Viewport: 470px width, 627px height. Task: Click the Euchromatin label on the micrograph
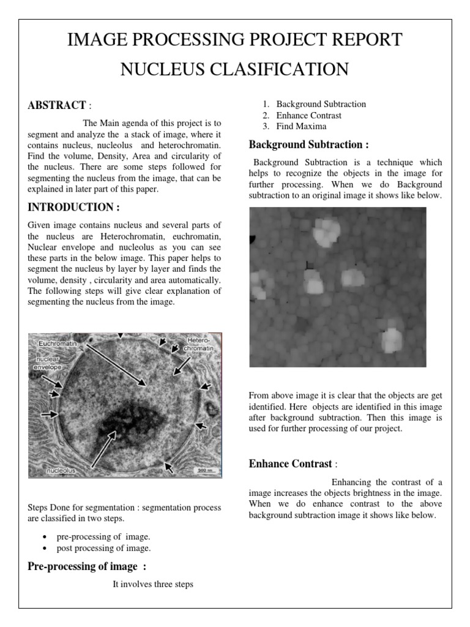click(58, 344)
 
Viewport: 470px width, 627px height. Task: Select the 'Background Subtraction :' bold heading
click(308, 145)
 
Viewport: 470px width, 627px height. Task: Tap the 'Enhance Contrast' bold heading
click(290, 464)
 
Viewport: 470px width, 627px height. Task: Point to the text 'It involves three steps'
click(152, 584)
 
